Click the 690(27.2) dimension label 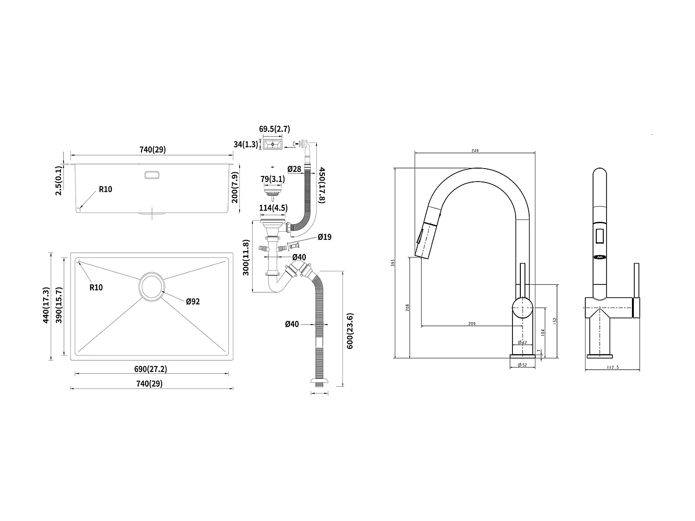[151, 369]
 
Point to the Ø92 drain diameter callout [193, 301]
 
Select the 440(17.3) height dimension [45, 305]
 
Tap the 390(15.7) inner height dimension [59, 305]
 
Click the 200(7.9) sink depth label [235, 187]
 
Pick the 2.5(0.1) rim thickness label [59, 180]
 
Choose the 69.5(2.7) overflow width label [275, 129]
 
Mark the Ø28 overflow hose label [295, 169]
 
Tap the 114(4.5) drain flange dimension [273, 208]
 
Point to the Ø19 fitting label [324, 237]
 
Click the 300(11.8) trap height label [246, 257]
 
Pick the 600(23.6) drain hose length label [350, 331]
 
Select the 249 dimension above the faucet [474, 151]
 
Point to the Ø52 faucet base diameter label [522, 365]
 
